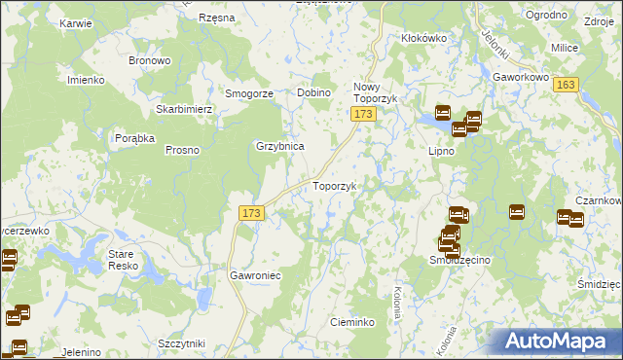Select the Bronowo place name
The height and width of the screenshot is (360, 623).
pos(150,60)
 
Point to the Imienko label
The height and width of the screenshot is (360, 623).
pos(85,80)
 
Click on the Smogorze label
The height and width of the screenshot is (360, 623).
pos(248,93)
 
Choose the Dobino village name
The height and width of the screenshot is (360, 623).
pos(314,92)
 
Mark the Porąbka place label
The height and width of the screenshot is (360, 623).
pos(135,138)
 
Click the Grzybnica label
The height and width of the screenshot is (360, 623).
pos(280,146)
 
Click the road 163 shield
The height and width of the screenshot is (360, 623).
pos(567,85)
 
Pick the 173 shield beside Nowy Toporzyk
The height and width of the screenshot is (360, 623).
pos(363,115)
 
